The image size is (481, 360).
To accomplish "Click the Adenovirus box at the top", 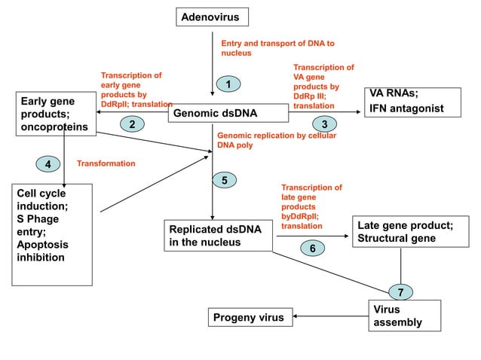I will pyautogui.click(x=213, y=16).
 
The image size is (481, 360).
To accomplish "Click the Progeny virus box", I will pyautogui.click(x=250, y=317).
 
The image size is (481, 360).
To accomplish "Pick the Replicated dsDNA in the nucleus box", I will pyautogui.click(x=218, y=235).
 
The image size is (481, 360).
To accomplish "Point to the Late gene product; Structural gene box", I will pyautogui.click(x=406, y=232).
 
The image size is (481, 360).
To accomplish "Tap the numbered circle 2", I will pyautogui.click(x=132, y=124).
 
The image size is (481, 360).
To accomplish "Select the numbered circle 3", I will pyautogui.click(x=324, y=124).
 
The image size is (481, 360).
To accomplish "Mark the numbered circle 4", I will pyautogui.click(x=48, y=163).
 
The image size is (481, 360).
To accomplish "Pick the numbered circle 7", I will pyautogui.click(x=401, y=291).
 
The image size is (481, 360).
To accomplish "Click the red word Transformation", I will pyautogui.click(x=106, y=163).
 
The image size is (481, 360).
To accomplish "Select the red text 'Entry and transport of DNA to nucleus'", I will pyautogui.click(x=277, y=48).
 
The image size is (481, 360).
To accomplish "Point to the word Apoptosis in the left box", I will pyautogui.click(x=42, y=245).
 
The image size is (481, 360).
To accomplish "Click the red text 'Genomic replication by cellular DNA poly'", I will pyautogui.click(x=276, y=140).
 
